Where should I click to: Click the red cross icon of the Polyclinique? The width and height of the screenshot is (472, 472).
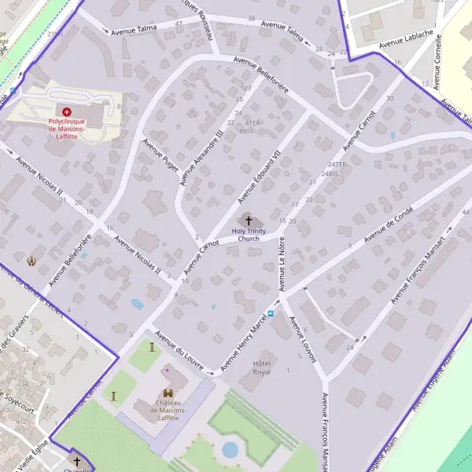coord(67,112)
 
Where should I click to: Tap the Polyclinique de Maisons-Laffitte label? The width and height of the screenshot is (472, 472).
coord(67,127)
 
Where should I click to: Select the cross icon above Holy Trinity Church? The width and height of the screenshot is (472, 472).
coord(249,221)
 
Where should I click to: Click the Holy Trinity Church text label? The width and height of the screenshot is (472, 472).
coord(249,234)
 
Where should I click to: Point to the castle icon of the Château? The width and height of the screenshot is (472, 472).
coord(168,393)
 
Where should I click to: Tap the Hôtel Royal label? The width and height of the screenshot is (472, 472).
coord(261,367)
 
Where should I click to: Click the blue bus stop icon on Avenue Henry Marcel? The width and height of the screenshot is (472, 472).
coord(271,313)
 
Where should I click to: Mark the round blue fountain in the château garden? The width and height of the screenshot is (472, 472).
coord(230,450)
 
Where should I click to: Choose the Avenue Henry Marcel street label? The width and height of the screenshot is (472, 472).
coord(245,344)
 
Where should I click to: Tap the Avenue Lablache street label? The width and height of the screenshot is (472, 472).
coord(406,39)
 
